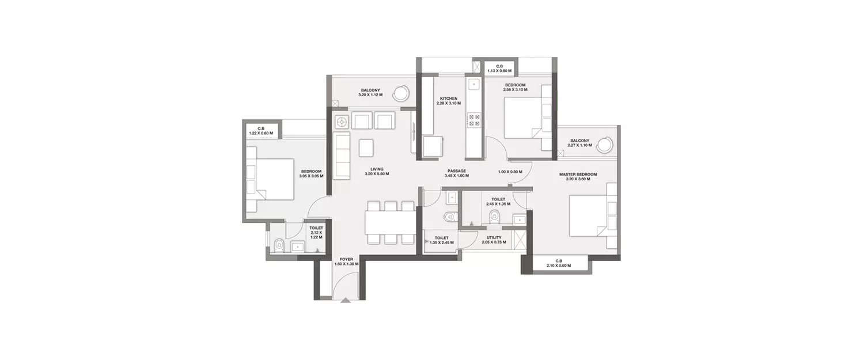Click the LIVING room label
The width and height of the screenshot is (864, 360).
pyautogui.click(x=377, y=169)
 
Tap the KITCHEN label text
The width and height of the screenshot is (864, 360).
pyautogui.click(x=448, y=98)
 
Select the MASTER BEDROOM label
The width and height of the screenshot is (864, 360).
pyautogui.click(x=578, y=174)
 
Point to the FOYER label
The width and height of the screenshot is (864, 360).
pyautogui.click(x=346, y=259)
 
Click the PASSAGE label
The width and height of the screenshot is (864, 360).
pyautogui.click(x=457, y=171)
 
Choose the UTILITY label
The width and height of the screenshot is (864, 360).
pyautogui.click(x=494, y=237)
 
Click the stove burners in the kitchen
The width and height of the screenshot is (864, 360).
pyautogui.click(x=474, y=119)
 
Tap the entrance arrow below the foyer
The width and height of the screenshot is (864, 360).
pyautogui.click(x=345, y=300)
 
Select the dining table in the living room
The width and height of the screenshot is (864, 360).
pyautogui.click(x=389, y=222)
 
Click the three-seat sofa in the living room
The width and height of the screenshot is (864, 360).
pyautogui.click(x=342, y=155)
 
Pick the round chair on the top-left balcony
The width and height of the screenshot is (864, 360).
pyautogui.click(x=401, y=92)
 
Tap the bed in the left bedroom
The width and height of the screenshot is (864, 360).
pyautogui.click(x=270, y=180)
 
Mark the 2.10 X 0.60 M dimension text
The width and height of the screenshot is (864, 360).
pyautogui.click(x=558, y=265)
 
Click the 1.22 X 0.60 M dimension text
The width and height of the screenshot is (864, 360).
pyautogui.click(x=260, y=133)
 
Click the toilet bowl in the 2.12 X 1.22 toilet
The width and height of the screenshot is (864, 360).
pyautogui.click(x=279, y=246)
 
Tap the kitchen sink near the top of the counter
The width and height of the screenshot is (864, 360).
pyautogui.click(x=473, y=85)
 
